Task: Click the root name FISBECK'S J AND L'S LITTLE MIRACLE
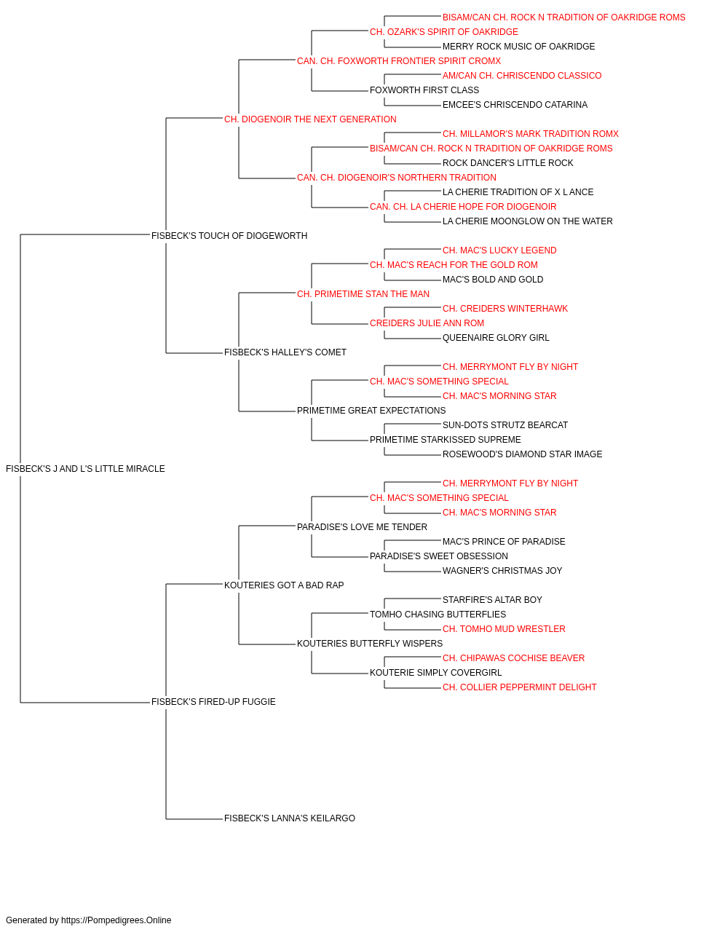(x=85, y=469)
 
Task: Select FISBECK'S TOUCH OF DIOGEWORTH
(x=229, y=236)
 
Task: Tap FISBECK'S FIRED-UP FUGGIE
(x=213, y=702)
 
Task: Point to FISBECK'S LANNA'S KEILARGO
(x=290, y=818)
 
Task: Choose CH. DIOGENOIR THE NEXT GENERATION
(x=310, y=119)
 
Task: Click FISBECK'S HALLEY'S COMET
(x=285, y=352)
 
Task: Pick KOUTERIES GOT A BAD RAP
(x=284, y=585)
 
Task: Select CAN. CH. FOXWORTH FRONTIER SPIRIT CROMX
(x=399, y=61)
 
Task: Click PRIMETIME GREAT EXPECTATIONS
(x=371, y=411)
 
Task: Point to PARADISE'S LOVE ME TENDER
(x=362, y=527)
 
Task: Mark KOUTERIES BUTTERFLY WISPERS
(x=370, y=644)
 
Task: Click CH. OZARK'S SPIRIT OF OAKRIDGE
(x=444, y=32)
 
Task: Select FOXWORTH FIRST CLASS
(x=424, y=90)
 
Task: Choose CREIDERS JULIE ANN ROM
(x=427, y=323)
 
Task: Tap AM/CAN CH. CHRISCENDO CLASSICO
(x=522, y=76)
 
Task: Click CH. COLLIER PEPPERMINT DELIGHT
(x=519, y=687)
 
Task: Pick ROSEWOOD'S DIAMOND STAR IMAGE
(x=522, y=454)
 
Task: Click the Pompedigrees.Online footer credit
(x=88, y=920)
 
